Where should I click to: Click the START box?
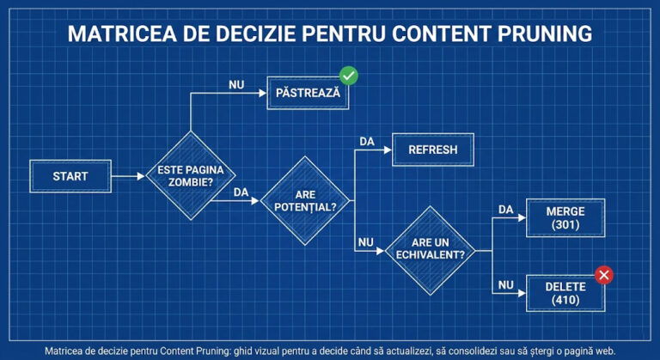70,176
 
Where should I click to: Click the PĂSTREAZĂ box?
309,92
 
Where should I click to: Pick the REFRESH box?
433,149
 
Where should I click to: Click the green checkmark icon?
348,76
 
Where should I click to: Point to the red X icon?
604,275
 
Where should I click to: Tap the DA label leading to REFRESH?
367,141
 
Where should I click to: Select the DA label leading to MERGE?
506,209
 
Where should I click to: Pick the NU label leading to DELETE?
506,284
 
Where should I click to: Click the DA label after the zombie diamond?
241,193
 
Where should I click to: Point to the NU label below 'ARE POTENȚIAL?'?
366,242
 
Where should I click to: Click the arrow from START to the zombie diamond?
129,176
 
